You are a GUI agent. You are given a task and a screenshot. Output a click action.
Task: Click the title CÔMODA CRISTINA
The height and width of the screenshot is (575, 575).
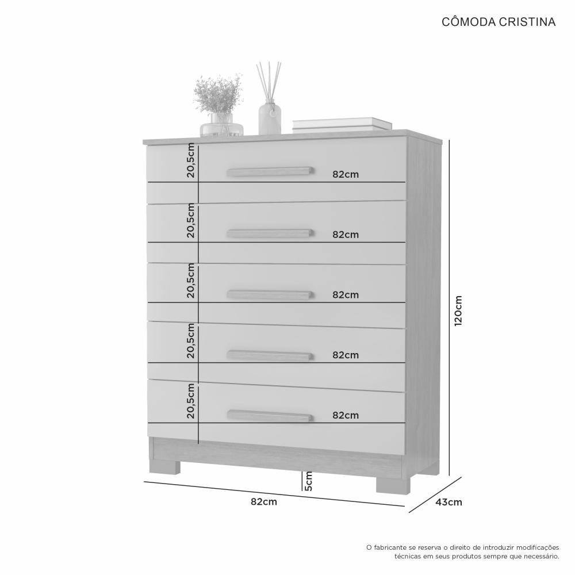pos(499,22)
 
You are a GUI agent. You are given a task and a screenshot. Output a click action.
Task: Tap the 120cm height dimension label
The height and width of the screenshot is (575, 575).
pos(458,311)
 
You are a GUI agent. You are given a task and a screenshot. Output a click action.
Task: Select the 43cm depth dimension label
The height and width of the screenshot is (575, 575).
pos(449,502)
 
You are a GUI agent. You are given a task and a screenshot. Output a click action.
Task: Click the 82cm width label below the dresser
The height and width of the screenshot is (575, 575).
pos(264,501)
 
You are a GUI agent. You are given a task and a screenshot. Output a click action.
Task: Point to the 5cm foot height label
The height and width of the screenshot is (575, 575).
pos(309,481)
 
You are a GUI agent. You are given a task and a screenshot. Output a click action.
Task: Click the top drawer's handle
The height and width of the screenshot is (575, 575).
pos(270,171)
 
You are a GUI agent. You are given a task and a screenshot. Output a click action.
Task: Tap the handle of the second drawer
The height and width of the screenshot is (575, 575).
pos(270,233)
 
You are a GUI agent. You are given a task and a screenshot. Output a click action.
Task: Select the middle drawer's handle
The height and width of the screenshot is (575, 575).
pos(270,294)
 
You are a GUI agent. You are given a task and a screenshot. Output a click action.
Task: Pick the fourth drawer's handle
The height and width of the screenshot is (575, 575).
pos(270,355)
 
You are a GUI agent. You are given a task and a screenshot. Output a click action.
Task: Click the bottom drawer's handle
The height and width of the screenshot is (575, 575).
pos(270,416)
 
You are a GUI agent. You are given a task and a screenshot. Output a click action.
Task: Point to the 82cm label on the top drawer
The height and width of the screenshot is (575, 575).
pos(346,175)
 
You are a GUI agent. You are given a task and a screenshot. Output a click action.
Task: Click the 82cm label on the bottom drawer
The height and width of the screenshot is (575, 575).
pos(346,415)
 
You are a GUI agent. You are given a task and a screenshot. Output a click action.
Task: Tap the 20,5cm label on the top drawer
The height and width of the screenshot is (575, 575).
pos(191,160)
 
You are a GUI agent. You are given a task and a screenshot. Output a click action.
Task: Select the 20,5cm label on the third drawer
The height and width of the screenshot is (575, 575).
pos(191,281)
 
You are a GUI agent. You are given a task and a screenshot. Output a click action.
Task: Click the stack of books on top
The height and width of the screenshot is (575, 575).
pos(342,124)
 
